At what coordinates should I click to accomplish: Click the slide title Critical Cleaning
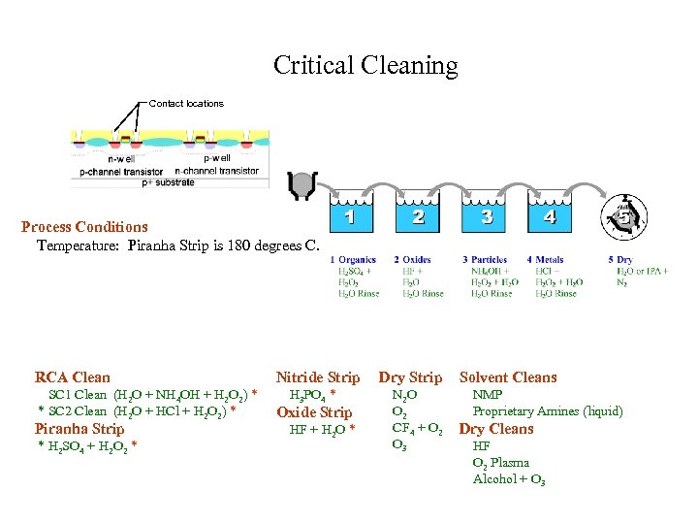(365, 66)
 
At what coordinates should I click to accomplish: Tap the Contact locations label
(186, 104)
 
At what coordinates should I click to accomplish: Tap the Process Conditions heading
(85, 227)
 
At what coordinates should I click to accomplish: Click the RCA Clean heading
(73, 377)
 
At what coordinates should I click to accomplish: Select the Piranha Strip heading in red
(79, 429)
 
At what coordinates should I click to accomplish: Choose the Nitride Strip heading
(318, 377)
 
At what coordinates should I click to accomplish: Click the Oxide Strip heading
(314, 412)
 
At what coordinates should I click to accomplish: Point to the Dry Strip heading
(410, 377)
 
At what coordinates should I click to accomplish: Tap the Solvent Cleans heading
(508, 377)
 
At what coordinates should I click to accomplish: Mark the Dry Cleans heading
(496, 429)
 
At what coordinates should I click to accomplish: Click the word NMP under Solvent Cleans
(487, 396)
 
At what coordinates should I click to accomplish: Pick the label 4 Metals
(545, 260)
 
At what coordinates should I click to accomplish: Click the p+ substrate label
(170, 181)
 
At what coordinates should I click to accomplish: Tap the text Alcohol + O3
(509, 480)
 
